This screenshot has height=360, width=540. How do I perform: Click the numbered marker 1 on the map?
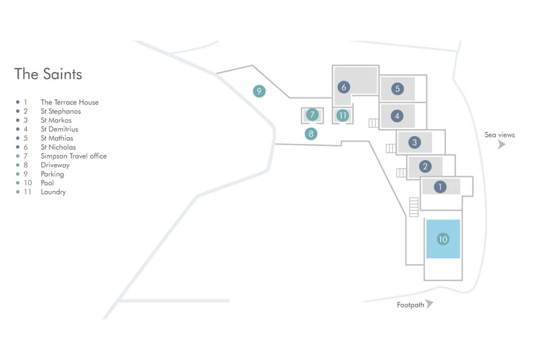[x=440, y=187]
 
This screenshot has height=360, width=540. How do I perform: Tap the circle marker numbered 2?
[x=425, y=167]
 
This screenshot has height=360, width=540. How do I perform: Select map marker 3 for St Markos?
[x=414, y=143]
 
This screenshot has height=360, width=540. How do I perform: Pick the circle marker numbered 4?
[x=397, y=116]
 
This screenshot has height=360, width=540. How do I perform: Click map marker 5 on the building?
[x=397, y=89]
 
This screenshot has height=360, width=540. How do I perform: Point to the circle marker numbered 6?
[x=344, y=87]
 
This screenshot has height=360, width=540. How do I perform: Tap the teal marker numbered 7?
[x=312, y=114]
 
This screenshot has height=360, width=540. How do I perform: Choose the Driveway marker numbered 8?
[x=310, y=134]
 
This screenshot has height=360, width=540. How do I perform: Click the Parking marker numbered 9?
[x=259, y=91]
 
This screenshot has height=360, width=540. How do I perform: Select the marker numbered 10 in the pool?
[x=443, y=239]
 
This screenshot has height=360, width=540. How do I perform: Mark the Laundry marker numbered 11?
[x=343, y=116]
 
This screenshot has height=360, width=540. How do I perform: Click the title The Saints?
[x=48, y=74]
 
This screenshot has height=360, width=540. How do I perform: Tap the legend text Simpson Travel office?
[x=74, y=156]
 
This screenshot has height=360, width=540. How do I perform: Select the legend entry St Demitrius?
[x=59, y=129]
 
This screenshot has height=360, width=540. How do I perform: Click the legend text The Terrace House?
[x=70, y=102]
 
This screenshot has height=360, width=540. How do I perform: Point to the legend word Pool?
[x=47, y=183]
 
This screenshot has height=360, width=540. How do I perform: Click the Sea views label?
[x=499, y=135]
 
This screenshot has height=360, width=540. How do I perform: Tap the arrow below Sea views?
[x=502, y=144]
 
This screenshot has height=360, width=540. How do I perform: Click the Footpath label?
[x=410, y=305]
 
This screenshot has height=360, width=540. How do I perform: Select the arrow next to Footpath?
[x=430, y=304]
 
